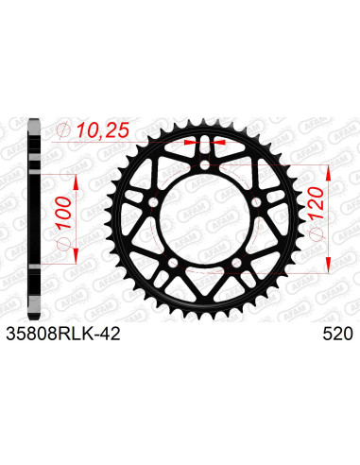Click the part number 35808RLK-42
click(x=62, y=334)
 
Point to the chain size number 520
click(x=335, y=334)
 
